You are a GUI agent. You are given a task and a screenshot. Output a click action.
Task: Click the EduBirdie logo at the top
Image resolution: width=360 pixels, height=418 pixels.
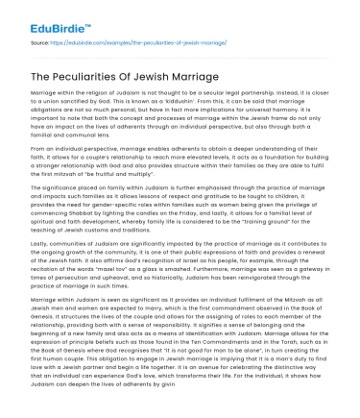(42, 17)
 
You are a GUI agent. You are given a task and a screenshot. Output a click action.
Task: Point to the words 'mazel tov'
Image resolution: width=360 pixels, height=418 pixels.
(134, 290)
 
